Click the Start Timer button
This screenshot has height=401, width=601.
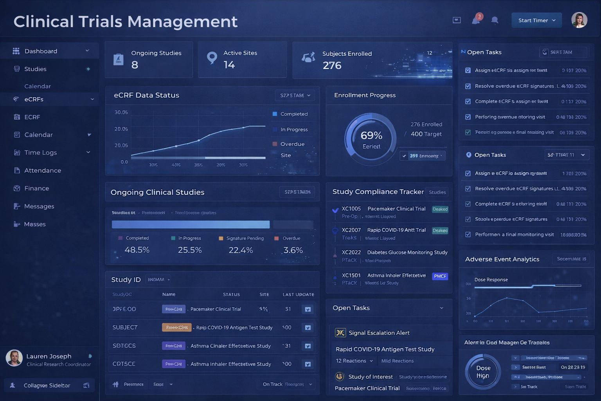click(x=536, y=20)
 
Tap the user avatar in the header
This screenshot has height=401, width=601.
click(x=579, y=20)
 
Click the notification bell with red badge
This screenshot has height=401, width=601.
click(x=476, y=20)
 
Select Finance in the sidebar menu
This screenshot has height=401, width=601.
click(x=36, y=188)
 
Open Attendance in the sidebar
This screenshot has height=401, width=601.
click(x=42, y=170)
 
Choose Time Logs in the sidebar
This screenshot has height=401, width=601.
click(x=40, y=153)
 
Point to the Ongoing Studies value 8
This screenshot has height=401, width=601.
click(x=135, y=65)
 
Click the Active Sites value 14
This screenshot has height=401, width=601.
click(x=229, y=65)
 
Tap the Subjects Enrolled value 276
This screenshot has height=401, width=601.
click(x=332, y=65)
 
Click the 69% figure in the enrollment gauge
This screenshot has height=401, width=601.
click(x=371, y=135)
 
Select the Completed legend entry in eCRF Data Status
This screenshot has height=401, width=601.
click(x=293, y=114)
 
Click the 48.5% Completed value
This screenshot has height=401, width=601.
click(x=137, y=250)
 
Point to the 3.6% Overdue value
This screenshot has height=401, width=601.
click(x=293, y=250)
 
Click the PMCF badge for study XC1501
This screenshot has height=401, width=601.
click(x=440, y=276)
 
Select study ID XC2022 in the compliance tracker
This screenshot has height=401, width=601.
click(x=351, y=253)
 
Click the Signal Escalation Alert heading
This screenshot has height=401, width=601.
click(x=379, y=333)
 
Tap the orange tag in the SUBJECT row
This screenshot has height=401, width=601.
click(x=176, y=327)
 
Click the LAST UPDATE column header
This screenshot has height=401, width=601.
click(x=298, y=294)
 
